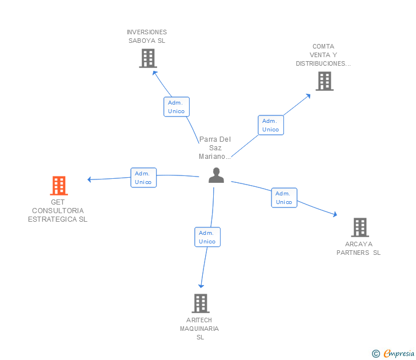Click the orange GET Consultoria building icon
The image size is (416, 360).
[x=59, y=186]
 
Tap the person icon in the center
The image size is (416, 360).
[x=216, y=175]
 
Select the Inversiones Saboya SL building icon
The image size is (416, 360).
[x=148, y=58]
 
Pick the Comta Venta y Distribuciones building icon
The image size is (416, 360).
[x=325, y=81]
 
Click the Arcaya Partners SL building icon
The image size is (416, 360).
[x=360, y=227]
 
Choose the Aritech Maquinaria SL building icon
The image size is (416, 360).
[x=201, y=303]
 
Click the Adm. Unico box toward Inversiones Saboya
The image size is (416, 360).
[x=177, y=107]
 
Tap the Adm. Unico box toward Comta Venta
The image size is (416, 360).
[x=271, y=125]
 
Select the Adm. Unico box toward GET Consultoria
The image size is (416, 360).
[x=143, y=178]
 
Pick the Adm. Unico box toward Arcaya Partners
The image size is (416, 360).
[x=284, y=198]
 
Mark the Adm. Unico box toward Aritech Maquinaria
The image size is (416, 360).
[x=207, y=237]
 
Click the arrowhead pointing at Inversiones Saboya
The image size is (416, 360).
[x=155, y=73]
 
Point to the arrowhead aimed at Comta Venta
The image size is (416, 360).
[x=308, y=96]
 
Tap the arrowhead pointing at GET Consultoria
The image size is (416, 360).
[x=89, y=179]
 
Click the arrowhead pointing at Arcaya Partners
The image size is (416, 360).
[x=335, y=214]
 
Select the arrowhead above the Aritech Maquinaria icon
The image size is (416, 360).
[x=201, y=286]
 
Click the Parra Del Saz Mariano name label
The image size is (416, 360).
[x=215, y=148]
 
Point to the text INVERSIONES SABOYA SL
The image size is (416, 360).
[x=147, y=37]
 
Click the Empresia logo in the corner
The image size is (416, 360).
[x=393, y=354]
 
